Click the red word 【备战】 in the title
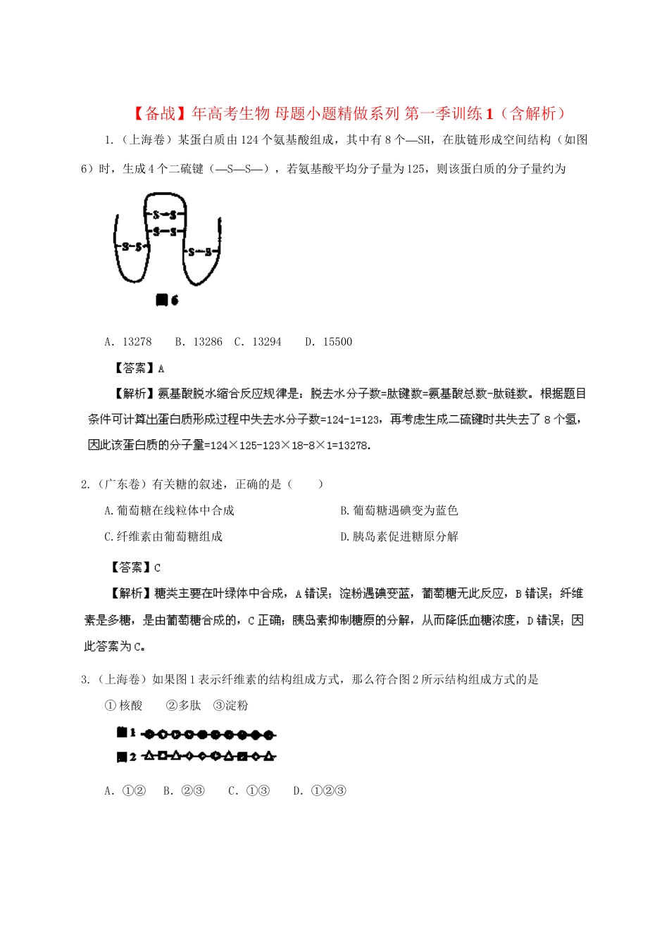pos(160,113)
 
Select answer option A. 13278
pos(128,341)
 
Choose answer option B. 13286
pos(199,341)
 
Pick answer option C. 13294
pos(258,341)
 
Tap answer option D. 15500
pos(329,341)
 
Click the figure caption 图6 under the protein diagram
pos(167,300)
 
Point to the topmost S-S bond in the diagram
pos(164,215)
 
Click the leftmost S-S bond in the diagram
pos(132,246)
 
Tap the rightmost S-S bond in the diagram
pos(199,251)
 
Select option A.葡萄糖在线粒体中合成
pos(169,510)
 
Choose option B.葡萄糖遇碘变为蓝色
pos(399,510)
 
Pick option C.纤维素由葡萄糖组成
pos(163,536)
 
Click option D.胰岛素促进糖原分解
pos(399,536)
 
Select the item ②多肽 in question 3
pos(184,705)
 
